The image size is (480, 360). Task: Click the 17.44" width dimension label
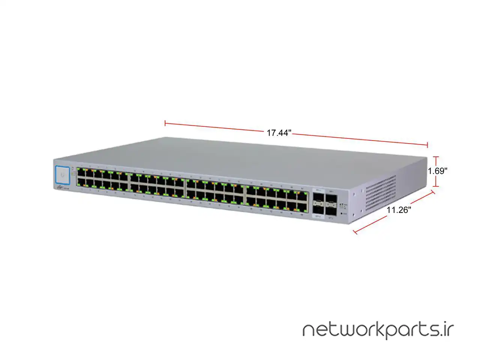(279, 133)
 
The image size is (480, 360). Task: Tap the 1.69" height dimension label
(438, 171)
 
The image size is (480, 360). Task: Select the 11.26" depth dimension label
(399, 210)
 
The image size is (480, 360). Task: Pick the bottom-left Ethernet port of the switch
(81, 183)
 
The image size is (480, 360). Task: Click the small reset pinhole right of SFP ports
(340, 213)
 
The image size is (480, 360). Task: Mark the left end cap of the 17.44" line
(165, 123)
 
